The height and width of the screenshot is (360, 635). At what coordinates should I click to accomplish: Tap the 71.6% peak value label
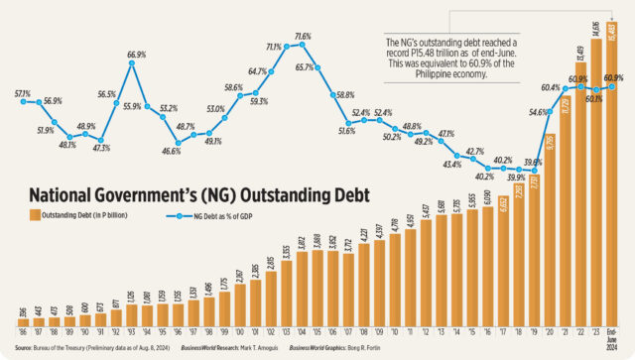(303, 36)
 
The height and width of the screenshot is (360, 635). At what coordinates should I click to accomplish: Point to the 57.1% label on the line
(23, 93)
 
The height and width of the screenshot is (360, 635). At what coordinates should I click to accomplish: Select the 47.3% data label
(102, 148)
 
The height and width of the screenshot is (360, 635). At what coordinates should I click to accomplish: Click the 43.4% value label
(451, 164)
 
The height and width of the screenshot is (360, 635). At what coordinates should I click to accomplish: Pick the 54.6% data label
(536, 113)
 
